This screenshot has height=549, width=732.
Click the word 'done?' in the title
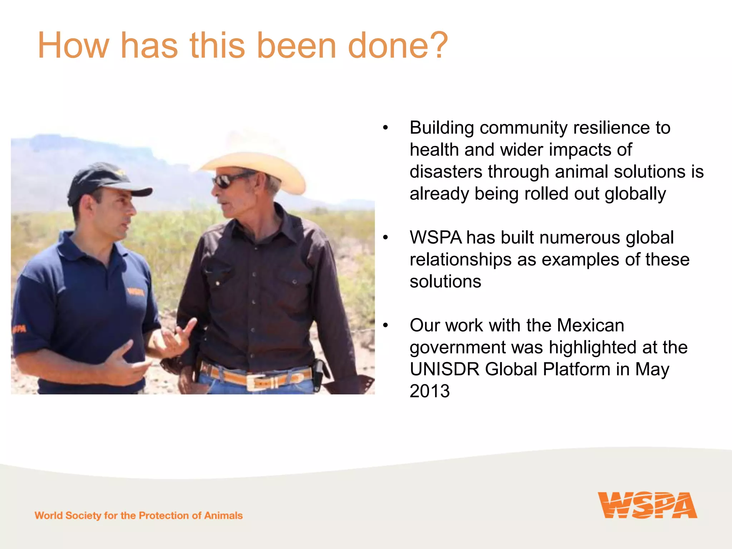click(397, 45)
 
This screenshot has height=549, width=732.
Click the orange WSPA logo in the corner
click(647, 505)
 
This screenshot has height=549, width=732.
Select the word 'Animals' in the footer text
click(223, 515)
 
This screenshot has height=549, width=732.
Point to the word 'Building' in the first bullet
click(442, 128)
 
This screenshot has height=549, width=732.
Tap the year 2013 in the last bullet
click(430, 391)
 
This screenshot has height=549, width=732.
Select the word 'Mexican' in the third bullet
click(590, 325)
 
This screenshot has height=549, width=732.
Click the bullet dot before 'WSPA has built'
click(385, 238)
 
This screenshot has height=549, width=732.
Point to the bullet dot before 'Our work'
click(385, 325)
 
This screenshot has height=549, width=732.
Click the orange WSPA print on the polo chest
click(136, 292)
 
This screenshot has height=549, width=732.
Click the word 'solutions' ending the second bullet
click(445, 282)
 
